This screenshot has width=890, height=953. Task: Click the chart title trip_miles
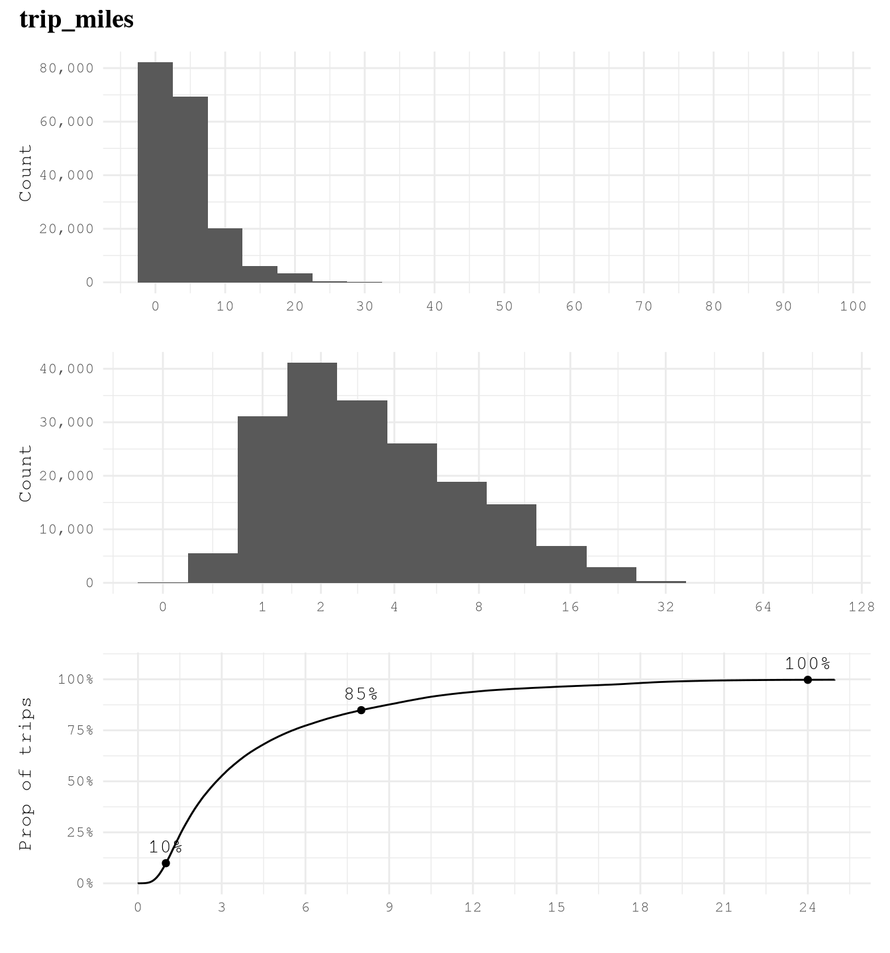click(x=77, y=19)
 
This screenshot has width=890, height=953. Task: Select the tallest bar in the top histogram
click(x=155, y=172)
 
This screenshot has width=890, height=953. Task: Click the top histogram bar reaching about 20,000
click(x=225, y=255)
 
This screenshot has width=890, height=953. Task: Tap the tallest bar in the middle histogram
click(x=312, y=473)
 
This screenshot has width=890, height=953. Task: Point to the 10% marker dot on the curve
click(x=166, y=863)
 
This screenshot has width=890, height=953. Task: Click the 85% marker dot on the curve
click(x=361, y=710)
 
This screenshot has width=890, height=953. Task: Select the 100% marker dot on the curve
click(x=808, y=680)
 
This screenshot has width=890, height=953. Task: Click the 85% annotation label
click(x=361, y=694)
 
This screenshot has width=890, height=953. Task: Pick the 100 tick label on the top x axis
click(x=853, y=306)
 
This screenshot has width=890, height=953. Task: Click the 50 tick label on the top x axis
click(x=504, y=306)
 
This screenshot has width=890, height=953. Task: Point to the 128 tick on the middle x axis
click(x=861, y=607)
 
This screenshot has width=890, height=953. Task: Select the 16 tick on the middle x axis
click(x=570, y=607)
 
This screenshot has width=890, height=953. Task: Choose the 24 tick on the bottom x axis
click(x=808, y=907)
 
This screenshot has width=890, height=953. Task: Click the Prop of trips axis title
click(x=26, y=773)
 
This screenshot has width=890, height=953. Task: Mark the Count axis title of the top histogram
click(x=26, y=173)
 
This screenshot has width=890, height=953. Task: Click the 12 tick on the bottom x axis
click(x=473, y=907)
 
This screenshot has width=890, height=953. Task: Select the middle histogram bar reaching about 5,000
click(x=213, y=568)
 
